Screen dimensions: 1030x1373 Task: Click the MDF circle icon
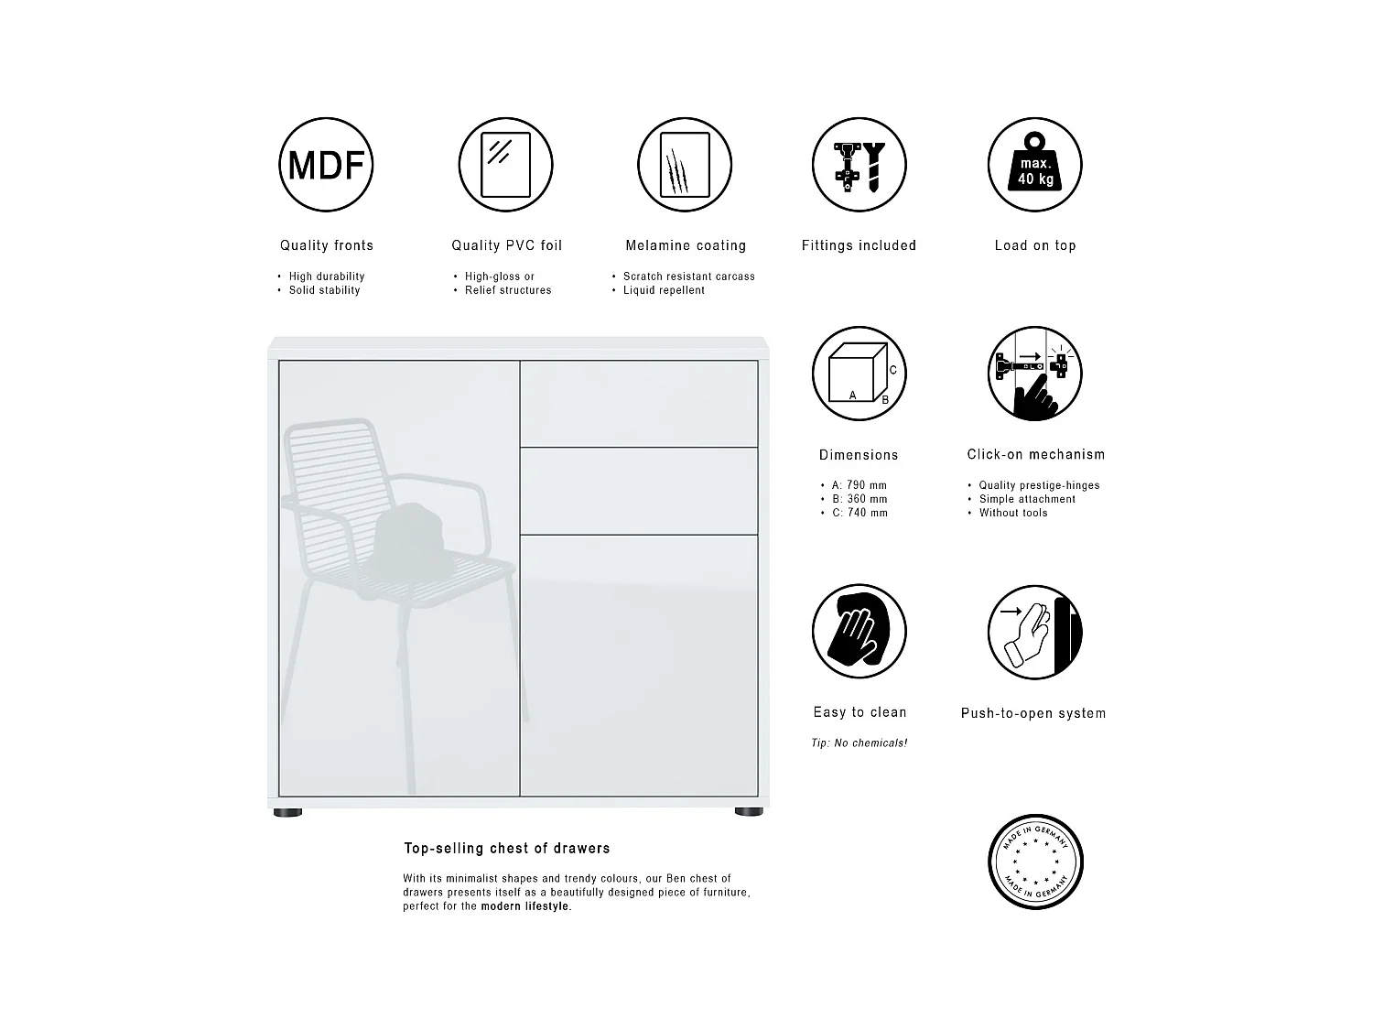326,165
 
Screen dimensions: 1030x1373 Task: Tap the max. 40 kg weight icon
1034,165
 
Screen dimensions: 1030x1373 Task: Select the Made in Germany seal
1035,862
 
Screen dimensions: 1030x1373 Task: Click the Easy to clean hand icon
859,632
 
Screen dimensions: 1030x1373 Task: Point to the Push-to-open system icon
1034,632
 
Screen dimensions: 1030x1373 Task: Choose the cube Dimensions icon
859,374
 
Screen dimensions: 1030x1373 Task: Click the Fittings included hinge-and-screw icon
859,165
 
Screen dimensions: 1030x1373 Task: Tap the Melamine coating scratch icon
685,165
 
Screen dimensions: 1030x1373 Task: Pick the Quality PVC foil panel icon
505,165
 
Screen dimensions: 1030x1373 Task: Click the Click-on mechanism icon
1034,374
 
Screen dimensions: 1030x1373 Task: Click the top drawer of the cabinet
639,404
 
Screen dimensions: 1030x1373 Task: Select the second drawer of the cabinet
639,491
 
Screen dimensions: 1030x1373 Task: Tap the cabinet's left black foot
287,811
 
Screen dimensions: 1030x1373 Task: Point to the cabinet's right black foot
748,811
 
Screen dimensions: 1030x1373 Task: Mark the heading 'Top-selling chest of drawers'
506,849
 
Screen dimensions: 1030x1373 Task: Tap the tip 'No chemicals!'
859,743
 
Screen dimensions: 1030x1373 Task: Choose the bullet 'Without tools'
1013,513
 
